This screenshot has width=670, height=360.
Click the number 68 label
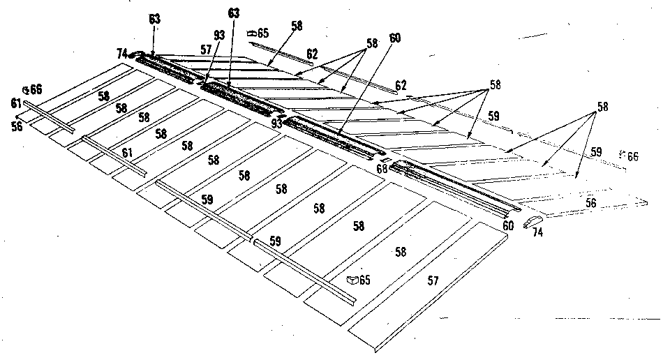point(382,168)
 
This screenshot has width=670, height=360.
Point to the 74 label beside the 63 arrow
point(122,52)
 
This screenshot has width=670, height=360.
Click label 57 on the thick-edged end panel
point(433,280)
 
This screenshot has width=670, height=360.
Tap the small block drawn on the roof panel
point(353,280)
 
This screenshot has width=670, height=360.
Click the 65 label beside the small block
point(365,280)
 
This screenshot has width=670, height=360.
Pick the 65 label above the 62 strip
point(263,33)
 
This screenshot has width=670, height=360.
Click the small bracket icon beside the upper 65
point(252,32)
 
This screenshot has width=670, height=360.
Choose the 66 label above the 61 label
point(36,89)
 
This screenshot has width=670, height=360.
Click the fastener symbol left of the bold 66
point(27,89)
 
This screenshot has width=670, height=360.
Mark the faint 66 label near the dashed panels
point(632,156)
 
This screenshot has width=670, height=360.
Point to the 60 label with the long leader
point(395,40)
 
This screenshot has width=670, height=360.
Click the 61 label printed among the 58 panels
point(127,152)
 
